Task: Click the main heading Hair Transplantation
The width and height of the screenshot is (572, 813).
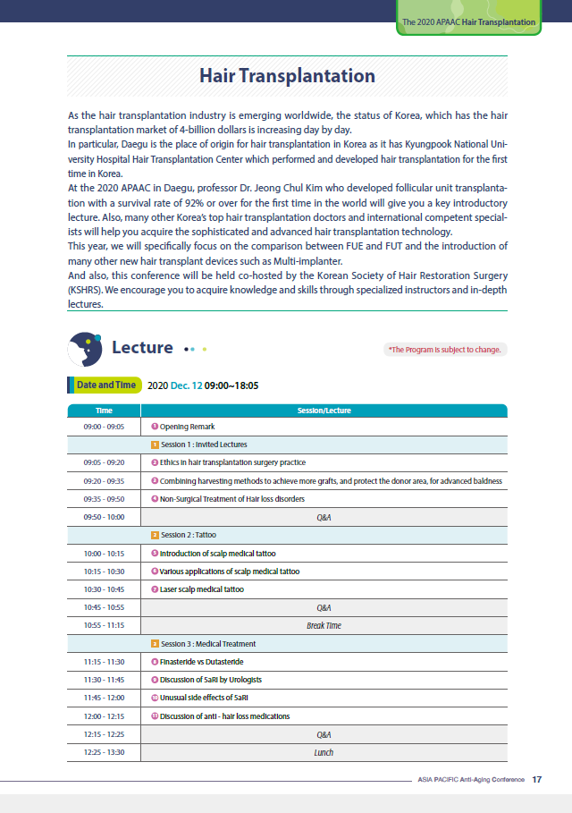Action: click(x=287, y=76)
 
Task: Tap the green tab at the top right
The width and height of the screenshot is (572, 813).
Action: click(x=468, y=21)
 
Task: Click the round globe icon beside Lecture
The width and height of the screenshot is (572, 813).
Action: click(x=86, y=349)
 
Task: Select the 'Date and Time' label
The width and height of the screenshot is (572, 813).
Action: click(x=105, y=385)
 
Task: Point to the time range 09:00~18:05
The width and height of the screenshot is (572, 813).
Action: click(x=231, y=385)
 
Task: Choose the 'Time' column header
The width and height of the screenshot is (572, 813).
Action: click(x=104, y=411)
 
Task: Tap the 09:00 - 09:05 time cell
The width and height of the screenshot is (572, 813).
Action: click(x=104, y=427)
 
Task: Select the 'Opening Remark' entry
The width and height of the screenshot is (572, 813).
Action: click(x=187, y=427)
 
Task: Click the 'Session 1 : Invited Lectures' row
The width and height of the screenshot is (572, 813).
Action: click(x=203, y=445)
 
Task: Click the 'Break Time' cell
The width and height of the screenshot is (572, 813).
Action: click(x=324, y=626)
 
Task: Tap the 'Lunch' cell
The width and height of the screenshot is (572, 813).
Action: click(x=324, y=752)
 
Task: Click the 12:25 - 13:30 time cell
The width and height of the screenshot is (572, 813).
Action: click(x=104, y=752)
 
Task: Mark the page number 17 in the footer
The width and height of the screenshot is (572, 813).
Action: click(x=536, y=779)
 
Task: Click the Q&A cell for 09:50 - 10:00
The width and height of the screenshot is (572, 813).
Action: click(x=324, y=517)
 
